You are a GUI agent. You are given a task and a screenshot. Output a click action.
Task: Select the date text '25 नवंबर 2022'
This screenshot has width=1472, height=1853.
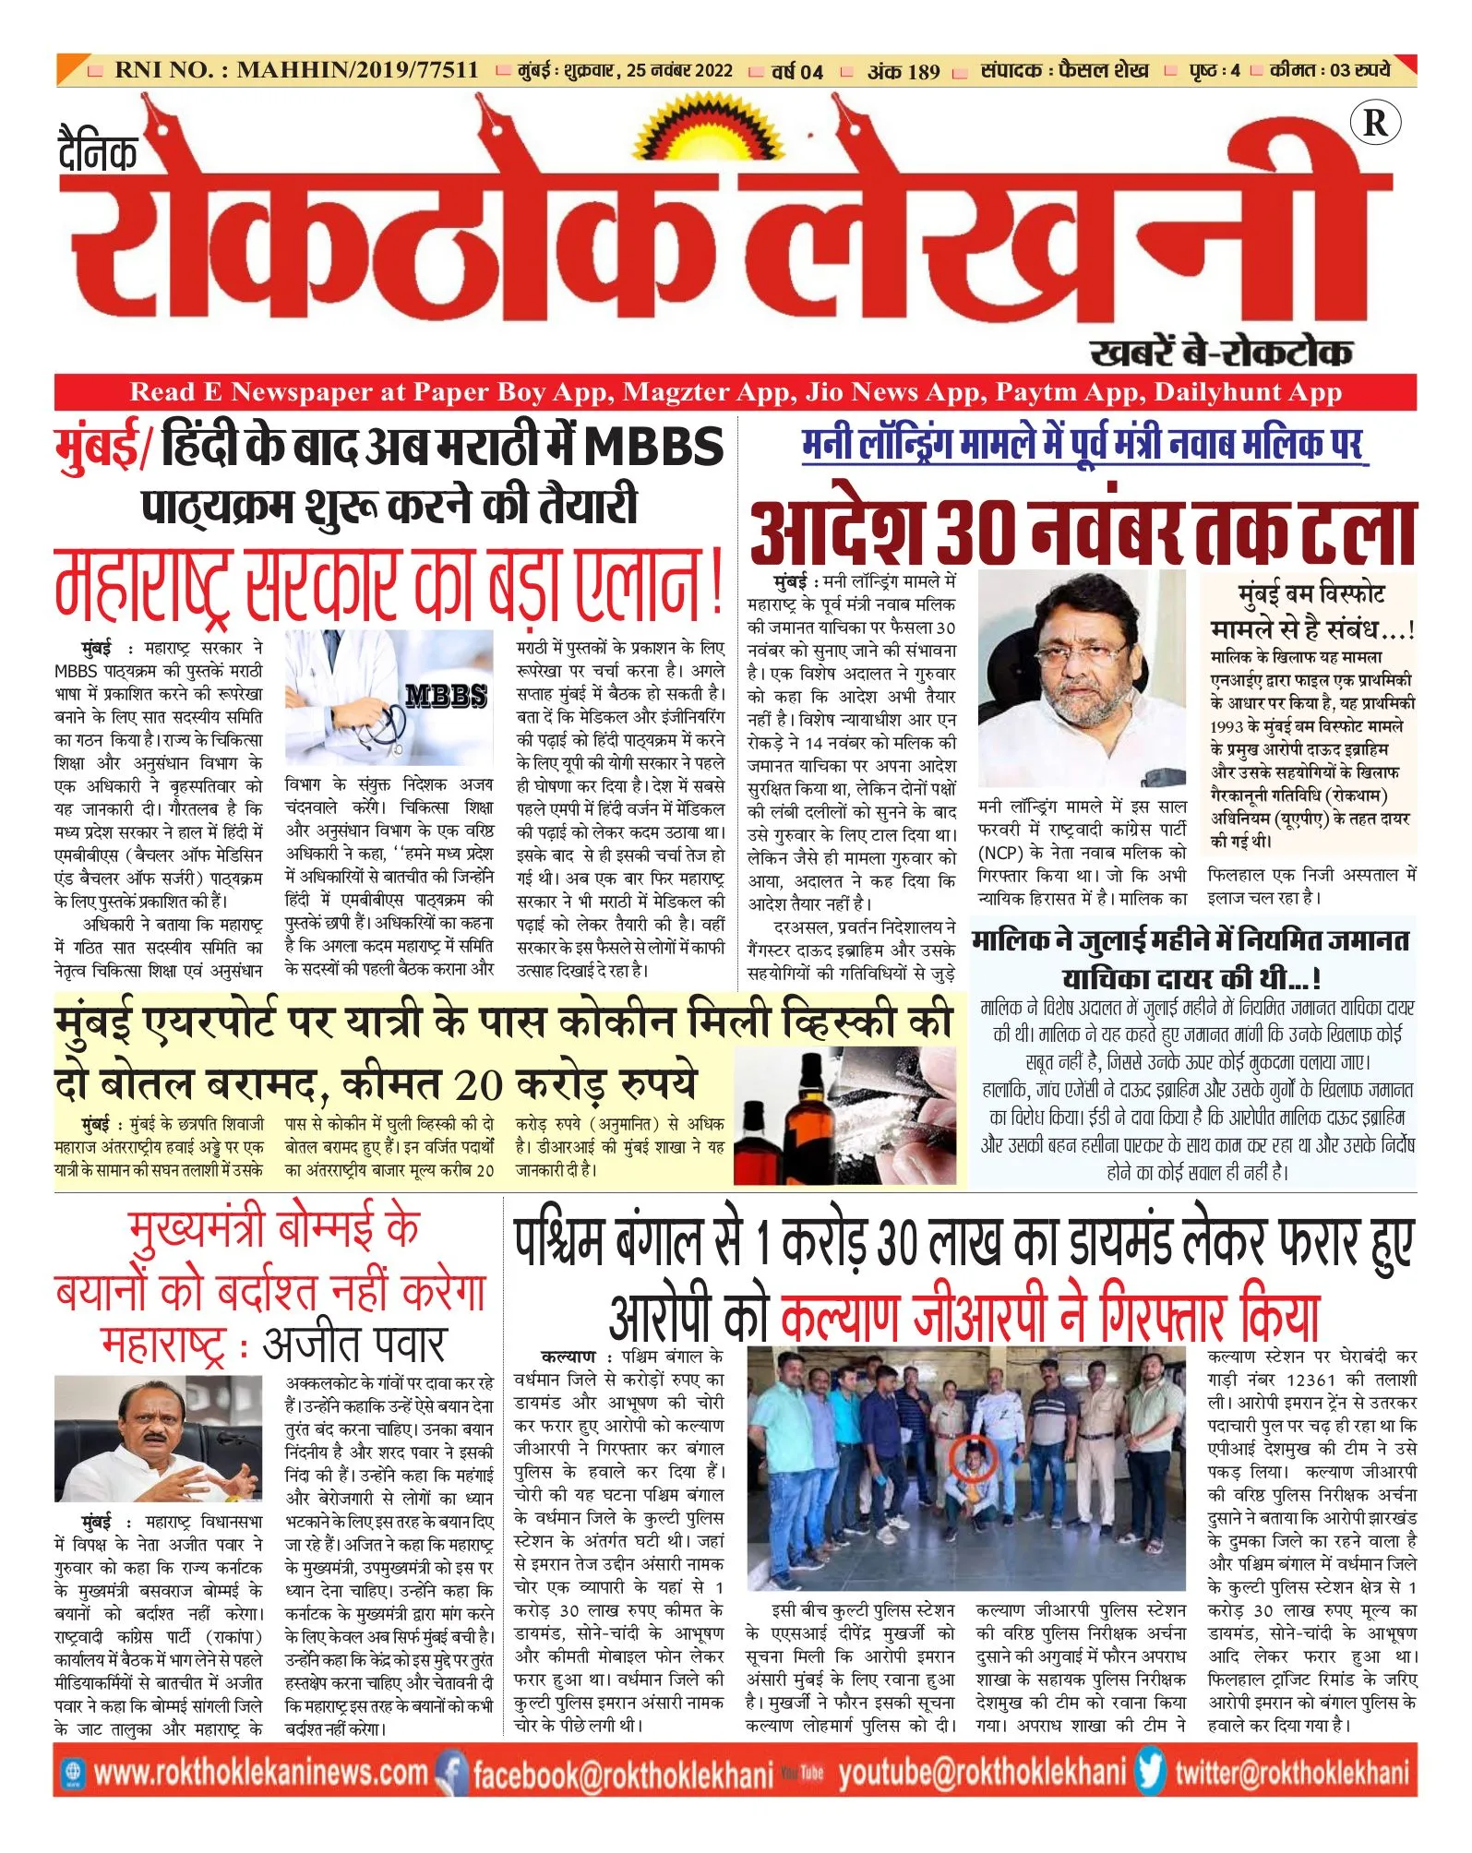[679, 71]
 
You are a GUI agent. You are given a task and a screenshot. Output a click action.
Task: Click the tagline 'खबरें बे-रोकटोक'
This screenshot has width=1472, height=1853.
[1221, 353]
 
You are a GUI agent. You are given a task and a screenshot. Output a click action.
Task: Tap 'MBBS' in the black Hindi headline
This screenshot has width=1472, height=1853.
[654, 447]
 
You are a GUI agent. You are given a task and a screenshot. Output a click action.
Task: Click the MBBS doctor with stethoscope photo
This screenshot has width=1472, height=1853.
[389, 699]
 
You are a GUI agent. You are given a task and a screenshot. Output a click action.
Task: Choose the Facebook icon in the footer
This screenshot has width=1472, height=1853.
[452, 1771]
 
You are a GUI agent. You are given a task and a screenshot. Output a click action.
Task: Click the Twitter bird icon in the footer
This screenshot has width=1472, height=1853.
[1150, 1771]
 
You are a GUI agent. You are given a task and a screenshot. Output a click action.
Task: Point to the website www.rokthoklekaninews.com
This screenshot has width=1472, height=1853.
[260, 1772]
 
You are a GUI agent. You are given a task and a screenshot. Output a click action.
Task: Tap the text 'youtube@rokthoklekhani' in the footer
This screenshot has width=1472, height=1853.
[982, 1772]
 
